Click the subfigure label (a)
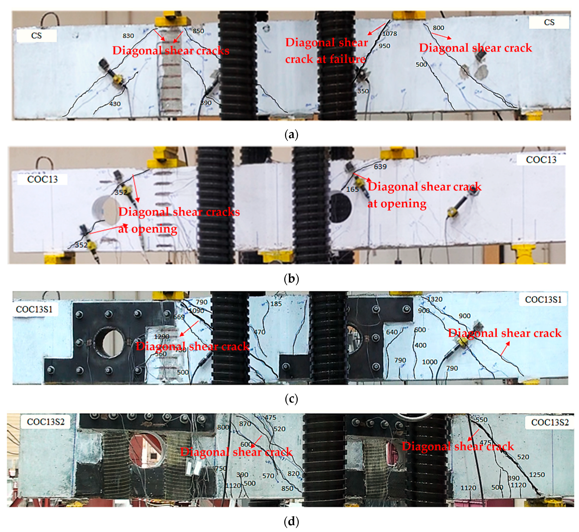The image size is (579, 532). pos(291,135)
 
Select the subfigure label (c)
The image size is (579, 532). pos(291,399)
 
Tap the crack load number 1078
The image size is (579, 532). pos(389,34)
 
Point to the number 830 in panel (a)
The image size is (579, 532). pos(128,36)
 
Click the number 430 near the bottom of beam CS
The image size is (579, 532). pos(115,104)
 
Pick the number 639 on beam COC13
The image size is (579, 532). pos(380,167)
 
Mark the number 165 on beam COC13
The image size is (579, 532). pos(352,189)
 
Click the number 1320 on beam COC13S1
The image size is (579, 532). pos(435,299)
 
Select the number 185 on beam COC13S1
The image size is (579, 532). pos(276,304)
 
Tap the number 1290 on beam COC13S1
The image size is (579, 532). pos(161,336)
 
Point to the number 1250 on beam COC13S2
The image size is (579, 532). pos(537,475)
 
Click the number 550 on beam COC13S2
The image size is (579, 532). pos(481,420)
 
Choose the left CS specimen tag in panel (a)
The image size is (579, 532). pos(36,36)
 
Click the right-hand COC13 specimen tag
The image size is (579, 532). pos(541,160)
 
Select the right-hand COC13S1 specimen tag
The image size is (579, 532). pos(543,300)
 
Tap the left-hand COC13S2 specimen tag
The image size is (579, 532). pos(46,422)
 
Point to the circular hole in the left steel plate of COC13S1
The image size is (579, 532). pos(109,342)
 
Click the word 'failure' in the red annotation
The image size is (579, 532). pos(347,59)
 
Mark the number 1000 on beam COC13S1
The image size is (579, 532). pos(429,362)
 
